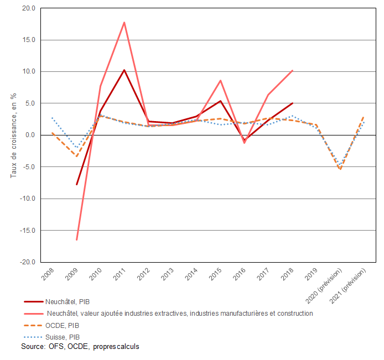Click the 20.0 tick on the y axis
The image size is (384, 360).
[27, 8]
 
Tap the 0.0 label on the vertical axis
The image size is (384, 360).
[30, 135]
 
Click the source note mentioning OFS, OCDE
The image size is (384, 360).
[80, 347]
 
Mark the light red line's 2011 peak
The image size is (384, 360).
[124, 22]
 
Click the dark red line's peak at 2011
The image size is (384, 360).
[124, 70]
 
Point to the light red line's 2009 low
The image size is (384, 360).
[76, 240]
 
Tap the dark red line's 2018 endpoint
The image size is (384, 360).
[292, 103]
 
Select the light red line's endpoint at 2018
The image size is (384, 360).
[292, 70]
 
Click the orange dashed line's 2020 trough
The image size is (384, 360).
[340, 169]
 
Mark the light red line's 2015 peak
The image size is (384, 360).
[220, 81]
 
